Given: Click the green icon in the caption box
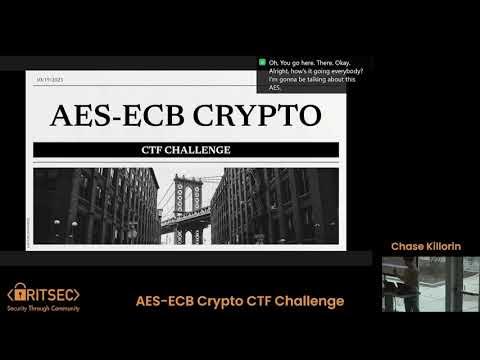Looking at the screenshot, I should pos(261,62).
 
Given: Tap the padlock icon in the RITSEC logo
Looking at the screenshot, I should pos(21,295).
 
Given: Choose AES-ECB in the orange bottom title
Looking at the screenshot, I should pos(166,301).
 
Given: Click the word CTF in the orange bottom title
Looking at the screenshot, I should pos(260,301).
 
